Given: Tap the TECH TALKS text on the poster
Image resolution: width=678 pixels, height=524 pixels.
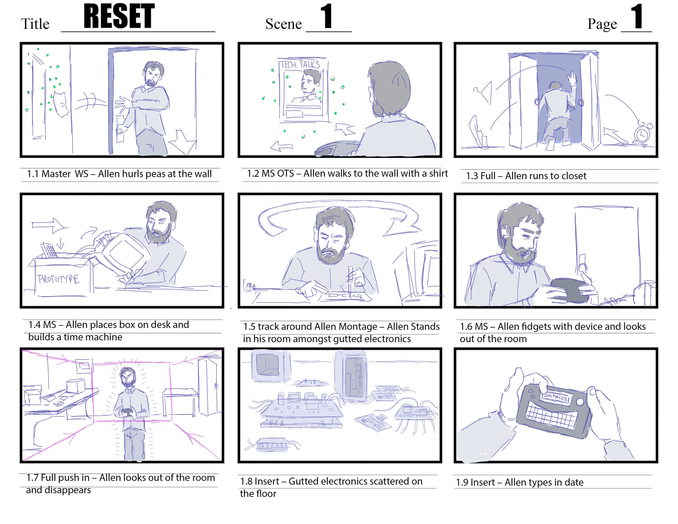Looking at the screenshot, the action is coord(300,64).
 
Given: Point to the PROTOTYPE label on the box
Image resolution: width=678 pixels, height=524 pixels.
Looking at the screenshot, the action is coord(58,279).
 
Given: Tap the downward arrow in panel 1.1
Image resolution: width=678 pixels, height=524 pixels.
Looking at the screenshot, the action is coord(182,142).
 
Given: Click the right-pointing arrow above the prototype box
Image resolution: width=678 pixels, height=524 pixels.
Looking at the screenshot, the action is coord(49,225).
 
